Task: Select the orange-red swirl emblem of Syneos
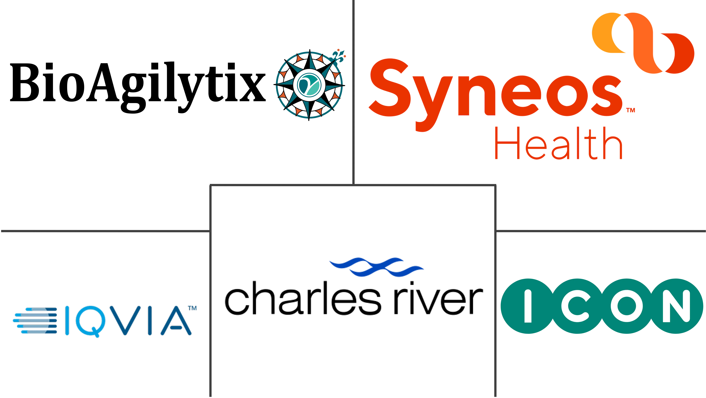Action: [643, 42]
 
